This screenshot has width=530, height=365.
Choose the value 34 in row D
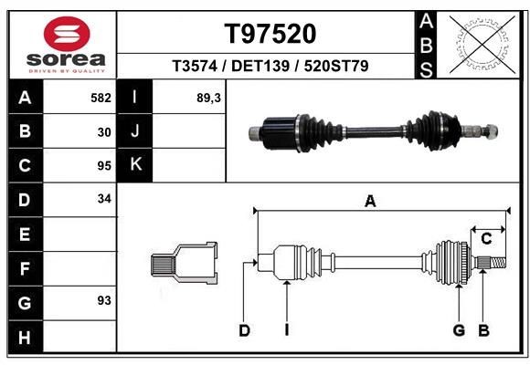click(104, 199)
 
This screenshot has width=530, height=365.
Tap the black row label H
click(25, 338)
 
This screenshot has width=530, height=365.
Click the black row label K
click(136, 165)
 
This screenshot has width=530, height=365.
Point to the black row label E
click(25, 234)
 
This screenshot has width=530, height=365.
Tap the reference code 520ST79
click(336, 67)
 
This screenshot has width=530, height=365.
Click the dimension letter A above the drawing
click(370, 203)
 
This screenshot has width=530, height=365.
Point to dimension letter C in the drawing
click(486, 239)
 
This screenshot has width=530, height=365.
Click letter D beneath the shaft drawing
click(244, 330)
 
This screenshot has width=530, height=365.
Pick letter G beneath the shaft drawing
click(459, 330)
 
